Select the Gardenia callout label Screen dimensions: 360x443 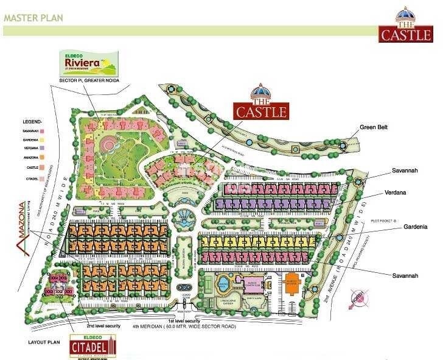[414, 227]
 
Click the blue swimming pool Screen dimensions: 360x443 [224, 283]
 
